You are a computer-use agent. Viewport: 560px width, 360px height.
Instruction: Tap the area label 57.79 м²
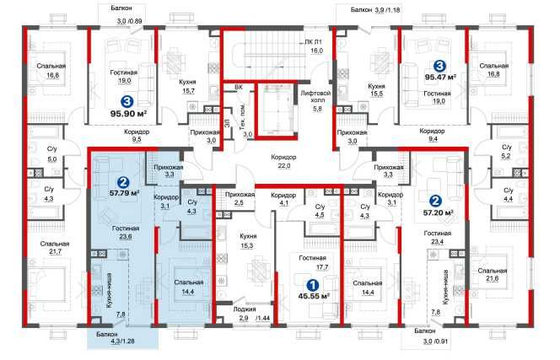(124, 193)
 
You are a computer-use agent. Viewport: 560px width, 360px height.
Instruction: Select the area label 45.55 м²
(314, 296)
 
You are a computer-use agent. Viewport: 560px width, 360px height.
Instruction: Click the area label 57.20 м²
(439, 212)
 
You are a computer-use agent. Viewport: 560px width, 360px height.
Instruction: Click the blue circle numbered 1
(313, 285)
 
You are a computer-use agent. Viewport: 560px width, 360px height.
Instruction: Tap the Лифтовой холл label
(315, 96)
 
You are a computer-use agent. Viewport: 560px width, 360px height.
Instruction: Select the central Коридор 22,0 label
(283, 161)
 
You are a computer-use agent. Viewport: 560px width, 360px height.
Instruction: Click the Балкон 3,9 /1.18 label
(375, 10)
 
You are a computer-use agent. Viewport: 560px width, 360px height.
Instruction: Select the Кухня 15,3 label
(248, 241)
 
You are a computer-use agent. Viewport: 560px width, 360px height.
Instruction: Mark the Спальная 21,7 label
(54, 248)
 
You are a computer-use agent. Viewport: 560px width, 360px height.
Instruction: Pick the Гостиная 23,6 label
(126, 232)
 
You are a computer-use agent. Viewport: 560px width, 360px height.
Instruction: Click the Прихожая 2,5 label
(240, 199)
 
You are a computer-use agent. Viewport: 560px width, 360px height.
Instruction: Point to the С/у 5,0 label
(52, 154)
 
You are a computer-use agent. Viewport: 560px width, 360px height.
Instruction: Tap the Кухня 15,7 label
(188, 87)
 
